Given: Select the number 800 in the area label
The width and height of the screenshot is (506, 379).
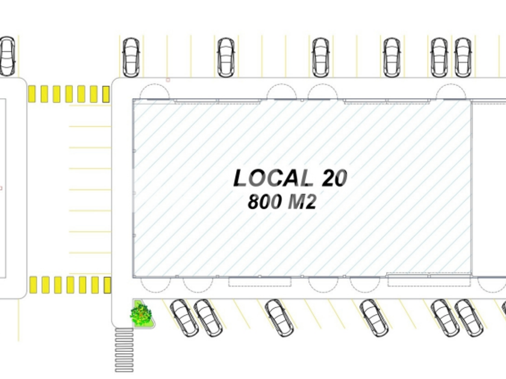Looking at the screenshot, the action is click(264, 202).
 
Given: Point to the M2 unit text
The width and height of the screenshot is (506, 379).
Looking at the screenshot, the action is click(301, 202).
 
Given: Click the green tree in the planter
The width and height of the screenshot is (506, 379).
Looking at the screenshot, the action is click(141, 313).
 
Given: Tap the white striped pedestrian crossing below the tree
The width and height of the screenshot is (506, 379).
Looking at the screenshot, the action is click(124, 350).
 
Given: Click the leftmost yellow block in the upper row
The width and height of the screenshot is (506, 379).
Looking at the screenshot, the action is click(32, 93).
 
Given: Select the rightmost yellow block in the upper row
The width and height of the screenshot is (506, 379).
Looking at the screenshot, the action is click(106, 94).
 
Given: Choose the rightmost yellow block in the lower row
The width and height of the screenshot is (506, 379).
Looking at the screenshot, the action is click(107, 285).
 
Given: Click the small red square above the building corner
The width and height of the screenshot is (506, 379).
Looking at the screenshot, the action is click(168, 79).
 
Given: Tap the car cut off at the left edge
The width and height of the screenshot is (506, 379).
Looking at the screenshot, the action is click(7, 56).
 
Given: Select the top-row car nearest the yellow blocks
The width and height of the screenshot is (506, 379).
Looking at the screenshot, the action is click(131, 57).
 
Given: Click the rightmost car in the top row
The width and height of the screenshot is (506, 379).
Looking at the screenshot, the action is click(463, 57).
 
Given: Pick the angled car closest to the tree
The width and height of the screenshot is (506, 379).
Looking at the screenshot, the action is click(184, 318).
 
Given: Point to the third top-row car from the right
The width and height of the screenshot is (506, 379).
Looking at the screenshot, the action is click(392, 57).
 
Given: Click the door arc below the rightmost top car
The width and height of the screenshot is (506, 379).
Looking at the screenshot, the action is click(450, 92).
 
